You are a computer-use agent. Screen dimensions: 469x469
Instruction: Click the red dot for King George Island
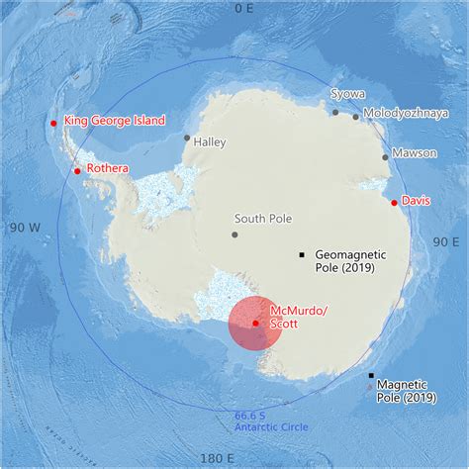tap(53, 124)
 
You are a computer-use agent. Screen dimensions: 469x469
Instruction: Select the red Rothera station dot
tap(77, 171)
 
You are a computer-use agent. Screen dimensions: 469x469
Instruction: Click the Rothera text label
tap(108, 168)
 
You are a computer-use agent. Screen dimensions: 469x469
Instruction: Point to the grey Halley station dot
tap(186, 138)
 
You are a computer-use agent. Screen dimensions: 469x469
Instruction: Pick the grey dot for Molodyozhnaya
tap(356, 117)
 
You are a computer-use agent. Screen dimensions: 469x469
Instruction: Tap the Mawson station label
tap(414, 154)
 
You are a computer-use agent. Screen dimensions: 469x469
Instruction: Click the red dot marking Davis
tap(394, 203)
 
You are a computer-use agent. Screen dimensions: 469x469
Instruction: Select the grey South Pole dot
tap(234, 234)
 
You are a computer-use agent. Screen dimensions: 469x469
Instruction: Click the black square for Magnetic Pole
tap(371, 376)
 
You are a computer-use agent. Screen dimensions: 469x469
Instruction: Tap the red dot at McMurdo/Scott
tap(255, 323)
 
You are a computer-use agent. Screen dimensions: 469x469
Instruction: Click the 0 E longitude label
tap(243, 8)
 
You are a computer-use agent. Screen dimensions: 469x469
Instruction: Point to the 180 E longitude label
tap(216, 459)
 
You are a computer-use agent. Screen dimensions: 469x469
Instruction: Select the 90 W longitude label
tap(23, 227)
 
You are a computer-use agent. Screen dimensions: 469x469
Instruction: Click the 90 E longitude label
tap(446, 240)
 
